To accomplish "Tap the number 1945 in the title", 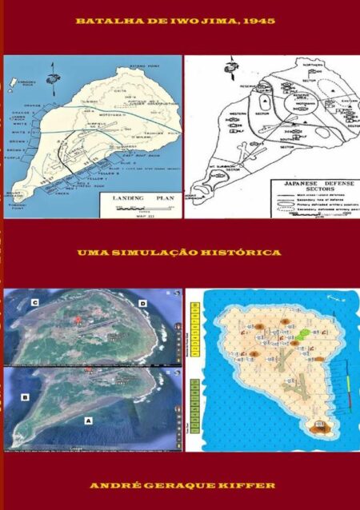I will click(x=261, y=21).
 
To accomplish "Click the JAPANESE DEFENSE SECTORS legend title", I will click(x=303, y=185).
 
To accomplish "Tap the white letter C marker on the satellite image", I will click(x=35, y=304).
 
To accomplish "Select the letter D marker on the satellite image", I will click(x=142, y=304).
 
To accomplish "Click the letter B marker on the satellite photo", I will click(x=25, y=396).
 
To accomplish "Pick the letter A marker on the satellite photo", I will click(x=88, y=418).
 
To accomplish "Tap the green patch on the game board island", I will click(x=304, y=331).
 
